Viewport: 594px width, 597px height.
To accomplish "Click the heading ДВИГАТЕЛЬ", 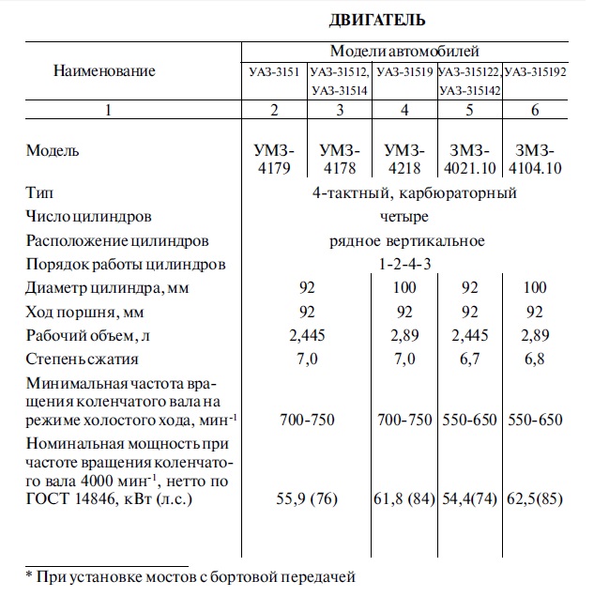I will (378, 19).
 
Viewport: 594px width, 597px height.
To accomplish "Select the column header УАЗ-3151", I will (273, 71).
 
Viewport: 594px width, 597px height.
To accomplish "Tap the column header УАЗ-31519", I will (405, 71).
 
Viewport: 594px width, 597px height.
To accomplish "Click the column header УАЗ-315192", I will (536, 71).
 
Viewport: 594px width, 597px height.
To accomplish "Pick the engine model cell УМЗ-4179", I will (274, 160).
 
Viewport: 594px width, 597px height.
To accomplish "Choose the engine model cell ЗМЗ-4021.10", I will (469, 160).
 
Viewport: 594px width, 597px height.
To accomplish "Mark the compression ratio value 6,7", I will (469, 359).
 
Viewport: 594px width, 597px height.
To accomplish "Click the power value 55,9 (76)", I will (305, 499).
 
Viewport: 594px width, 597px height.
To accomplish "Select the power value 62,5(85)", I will (534, 499).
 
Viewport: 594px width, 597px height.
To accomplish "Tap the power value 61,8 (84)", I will (406, 499).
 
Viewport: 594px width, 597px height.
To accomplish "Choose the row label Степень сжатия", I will (83, 359).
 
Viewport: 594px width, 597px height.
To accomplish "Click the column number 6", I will (535, 111).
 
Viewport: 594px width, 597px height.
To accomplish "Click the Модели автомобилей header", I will (404, 51).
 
